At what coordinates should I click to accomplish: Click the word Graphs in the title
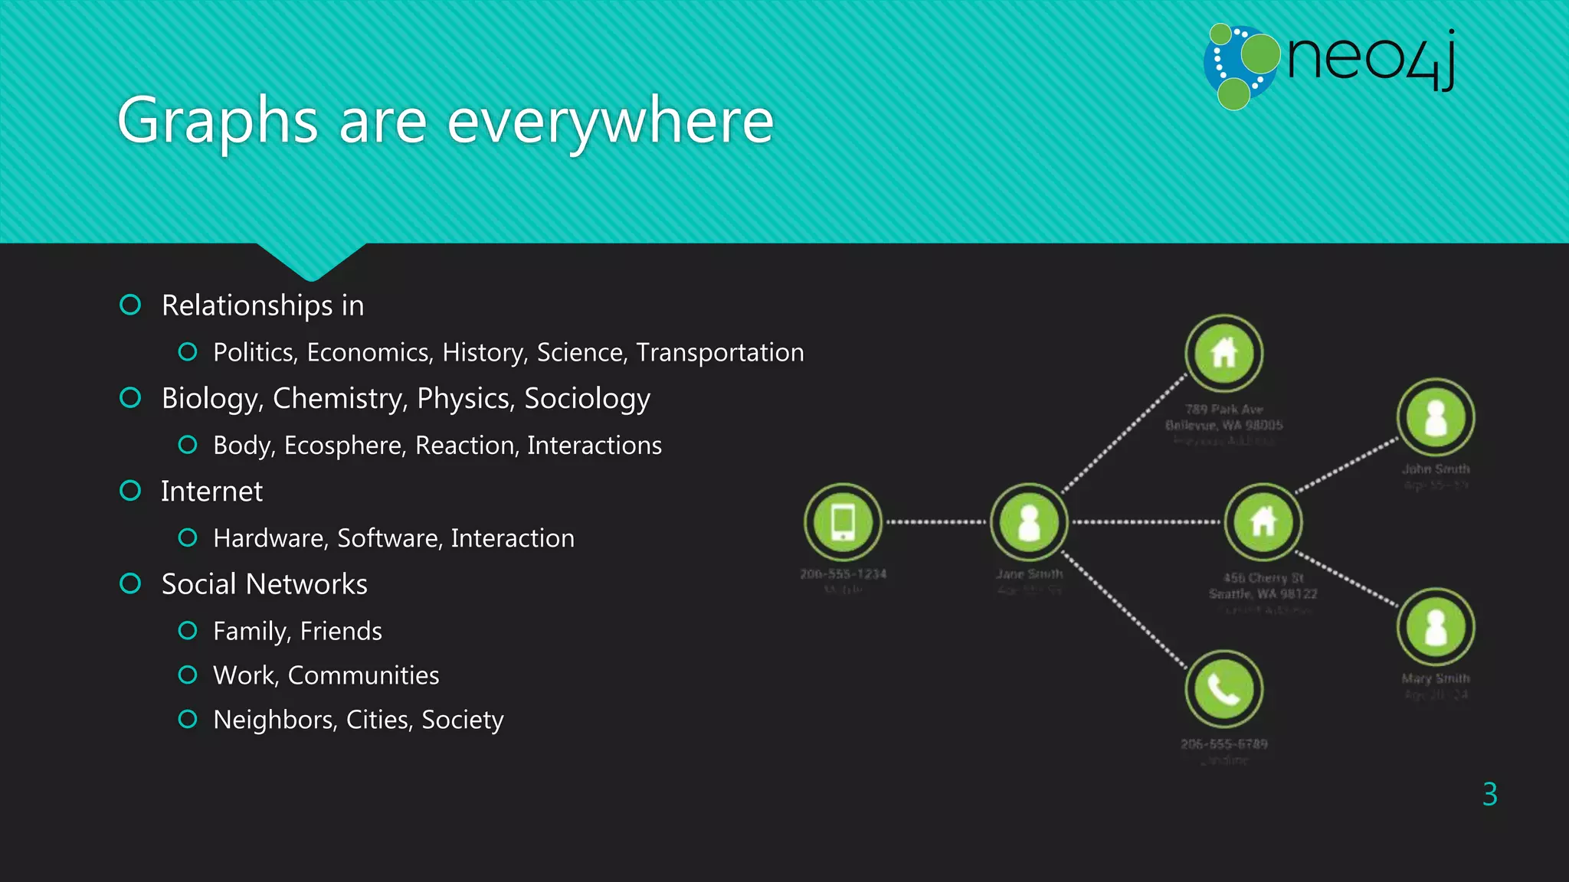tap(218, 121)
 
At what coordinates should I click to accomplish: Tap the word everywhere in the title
tap(610, 121)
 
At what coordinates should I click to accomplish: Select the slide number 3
tap(1489, 795)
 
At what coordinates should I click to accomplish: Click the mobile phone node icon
tap(843, 522)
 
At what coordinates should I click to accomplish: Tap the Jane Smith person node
tap(1029, 522)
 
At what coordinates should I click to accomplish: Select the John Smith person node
tap(1436, 418)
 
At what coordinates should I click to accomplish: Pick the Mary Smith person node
tap(1436, 627)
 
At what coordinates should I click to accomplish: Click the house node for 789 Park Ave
tap(1223, 353)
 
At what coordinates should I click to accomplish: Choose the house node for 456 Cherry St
tap(1263, 522)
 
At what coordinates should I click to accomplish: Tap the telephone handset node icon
tap(1223, 689)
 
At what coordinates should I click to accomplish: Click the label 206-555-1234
tap(843, 573)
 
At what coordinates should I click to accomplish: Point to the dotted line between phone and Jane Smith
tap(936, 522)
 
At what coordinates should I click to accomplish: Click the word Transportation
tap(720, 352)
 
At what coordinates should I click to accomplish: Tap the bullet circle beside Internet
tap(130, 491)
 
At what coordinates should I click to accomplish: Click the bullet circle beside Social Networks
tap(130, 584)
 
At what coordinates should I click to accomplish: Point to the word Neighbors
tap(274, 720)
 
